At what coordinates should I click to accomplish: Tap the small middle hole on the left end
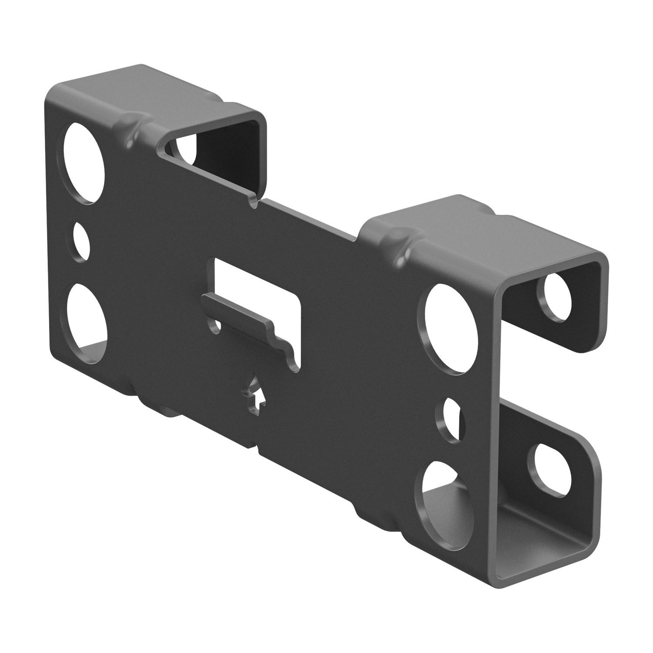click(x=81, y=242)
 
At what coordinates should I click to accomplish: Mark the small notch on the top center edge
click(x=254, y=200)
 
